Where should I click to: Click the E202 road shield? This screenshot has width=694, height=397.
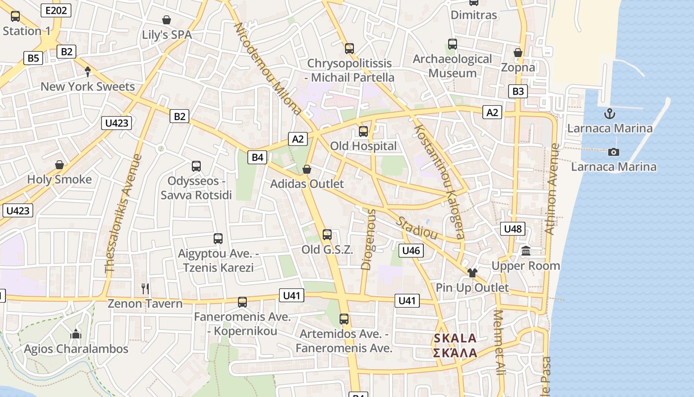(x=56, y=10)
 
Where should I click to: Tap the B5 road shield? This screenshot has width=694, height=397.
(x=33, y=58)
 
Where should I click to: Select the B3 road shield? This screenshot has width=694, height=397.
(x=518, y=91)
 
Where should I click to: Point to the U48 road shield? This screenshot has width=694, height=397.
(x=513, y=229)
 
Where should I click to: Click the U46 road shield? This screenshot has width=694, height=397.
(x=411, y=251)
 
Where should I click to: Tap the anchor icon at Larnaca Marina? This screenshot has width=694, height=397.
(x=609, y=114)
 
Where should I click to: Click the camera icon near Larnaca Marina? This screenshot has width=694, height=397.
(x=614, y=152)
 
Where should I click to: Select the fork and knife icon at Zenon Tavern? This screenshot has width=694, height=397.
(x=145, y=288)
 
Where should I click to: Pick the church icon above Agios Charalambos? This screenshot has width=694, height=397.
(x=76, y=334)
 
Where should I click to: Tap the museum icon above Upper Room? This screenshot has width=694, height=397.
(x=526, y=251)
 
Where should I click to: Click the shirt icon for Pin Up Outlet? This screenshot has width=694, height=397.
(x=472, y=272)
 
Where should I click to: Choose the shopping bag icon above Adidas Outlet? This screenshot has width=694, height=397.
(x=307, y=169)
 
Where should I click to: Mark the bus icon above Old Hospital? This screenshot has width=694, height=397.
(x=363, y=132)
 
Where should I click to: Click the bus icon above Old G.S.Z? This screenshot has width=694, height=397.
(x=327, y=235)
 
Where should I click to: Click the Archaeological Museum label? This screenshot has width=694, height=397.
(x=453, y=66)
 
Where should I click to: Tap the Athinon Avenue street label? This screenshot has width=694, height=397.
(x=552, y=189)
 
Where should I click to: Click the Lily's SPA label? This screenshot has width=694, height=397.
(x=167, y=35)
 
